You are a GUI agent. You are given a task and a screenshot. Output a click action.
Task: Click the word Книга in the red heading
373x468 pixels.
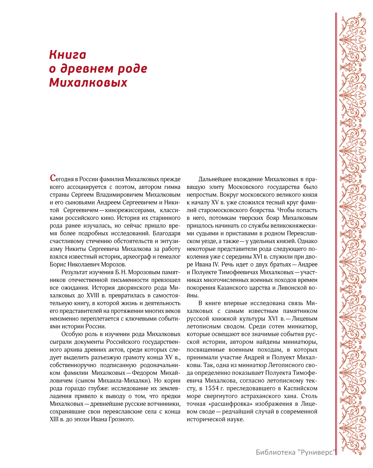tap(67, 55)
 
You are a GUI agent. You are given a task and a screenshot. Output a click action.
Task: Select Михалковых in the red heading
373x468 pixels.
tap(88, 82)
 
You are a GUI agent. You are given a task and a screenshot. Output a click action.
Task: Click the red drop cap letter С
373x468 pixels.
tap(53, 178)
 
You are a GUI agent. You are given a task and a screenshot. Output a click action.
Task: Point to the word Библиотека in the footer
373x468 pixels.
tap(275, 452)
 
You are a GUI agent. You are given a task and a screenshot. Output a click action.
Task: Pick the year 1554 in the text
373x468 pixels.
tap(212, 388)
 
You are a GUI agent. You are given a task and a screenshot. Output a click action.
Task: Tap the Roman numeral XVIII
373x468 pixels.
tap(94, 296)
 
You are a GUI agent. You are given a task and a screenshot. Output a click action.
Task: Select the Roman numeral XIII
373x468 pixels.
tap(54, 420)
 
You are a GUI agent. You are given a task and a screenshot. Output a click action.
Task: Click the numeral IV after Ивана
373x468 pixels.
tap(216, 264)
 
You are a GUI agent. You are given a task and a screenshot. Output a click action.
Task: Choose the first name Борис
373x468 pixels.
tap(58, 264)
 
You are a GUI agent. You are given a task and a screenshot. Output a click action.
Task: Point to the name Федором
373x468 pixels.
tap(145, 373)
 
